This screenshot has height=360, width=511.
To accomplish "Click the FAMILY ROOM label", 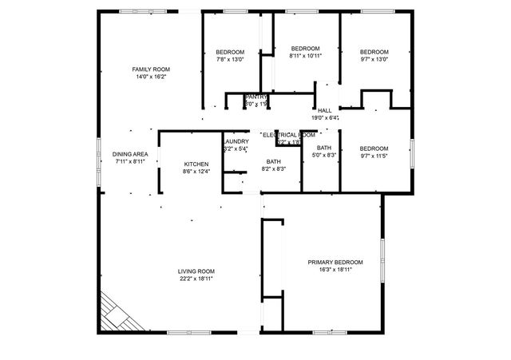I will tap(151, 69).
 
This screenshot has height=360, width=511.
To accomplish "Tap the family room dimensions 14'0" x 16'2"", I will tap(151, 77).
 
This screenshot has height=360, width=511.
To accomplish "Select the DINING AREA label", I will tap(129, 154).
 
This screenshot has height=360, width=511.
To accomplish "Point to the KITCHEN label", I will tap(196, 164).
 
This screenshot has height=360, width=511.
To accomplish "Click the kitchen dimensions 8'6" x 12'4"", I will tap(196, 172).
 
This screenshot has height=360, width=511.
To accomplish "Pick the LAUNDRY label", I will tap(236, 141).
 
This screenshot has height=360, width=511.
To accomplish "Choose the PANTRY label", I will tap(255, 97).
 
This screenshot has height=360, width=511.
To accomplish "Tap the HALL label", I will tap(324, 110).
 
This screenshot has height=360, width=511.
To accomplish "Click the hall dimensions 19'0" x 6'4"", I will tap(325, 118).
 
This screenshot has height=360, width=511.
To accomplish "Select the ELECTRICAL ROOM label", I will tap(288, 135).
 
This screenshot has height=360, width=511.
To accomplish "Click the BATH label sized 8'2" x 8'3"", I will tap(273, 161).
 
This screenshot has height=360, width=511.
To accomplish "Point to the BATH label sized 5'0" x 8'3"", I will tap(324, 148).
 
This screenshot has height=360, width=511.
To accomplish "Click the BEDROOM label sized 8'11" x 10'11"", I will tap(305, 48).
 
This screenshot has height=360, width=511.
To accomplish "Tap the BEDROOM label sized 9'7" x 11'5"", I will tap(374, 148).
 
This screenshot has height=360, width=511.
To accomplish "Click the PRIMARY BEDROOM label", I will tap(335, 262).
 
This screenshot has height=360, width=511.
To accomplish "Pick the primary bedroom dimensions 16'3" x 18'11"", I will tap(335, 270).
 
